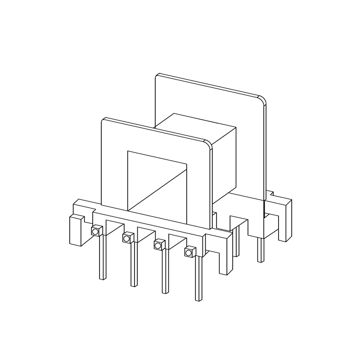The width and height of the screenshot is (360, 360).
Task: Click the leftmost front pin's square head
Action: pyautogui.click(x=95, y=231)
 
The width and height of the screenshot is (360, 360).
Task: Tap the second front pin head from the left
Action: pyautogui.click(x=127, y=237)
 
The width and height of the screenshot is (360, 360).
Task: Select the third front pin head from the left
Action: pyautogui.click(x=158, y=245)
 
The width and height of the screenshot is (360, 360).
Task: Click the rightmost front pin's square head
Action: pyautogui.click(x=189, y=252)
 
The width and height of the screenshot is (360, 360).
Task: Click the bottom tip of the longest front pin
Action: pyautogui.click(x=198, y=299)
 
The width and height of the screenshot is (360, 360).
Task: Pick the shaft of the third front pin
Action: pyautogui.click(x=165, y=270)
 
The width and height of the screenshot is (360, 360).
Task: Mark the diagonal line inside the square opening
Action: pyautogui.click(x=157, y=189)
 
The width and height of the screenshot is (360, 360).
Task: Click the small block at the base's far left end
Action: pyautogui.click(x=76, y=229)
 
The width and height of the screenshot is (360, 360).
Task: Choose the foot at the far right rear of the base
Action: pyautogui.click(x=284, y=220)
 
